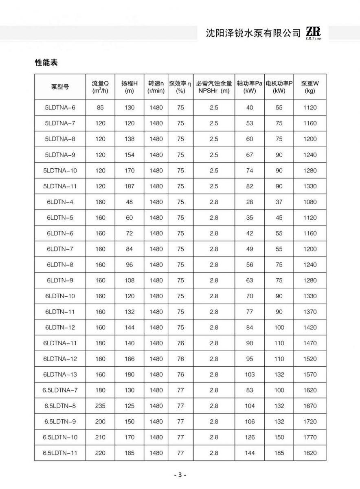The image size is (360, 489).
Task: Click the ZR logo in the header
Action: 313,33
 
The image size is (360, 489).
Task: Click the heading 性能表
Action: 46,63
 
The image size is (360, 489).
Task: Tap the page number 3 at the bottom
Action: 180,475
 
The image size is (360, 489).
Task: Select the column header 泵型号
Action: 60,86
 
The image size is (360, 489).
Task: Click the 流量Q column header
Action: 100,86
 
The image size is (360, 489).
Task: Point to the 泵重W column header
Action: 310,86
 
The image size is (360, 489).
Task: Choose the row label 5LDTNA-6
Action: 60,108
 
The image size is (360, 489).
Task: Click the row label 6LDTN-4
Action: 60,202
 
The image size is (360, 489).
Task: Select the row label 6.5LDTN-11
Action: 60,453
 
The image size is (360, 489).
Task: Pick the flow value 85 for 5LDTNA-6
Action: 100,108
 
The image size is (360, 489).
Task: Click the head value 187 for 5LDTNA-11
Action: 130,186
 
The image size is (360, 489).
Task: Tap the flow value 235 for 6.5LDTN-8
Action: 100,406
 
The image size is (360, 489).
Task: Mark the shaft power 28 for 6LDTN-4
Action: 250,202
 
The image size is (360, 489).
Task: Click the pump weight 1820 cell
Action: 310,453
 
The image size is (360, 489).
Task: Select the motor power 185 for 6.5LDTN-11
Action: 279,453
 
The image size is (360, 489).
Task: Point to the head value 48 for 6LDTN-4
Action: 130,202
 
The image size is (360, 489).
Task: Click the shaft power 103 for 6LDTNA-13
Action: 250,374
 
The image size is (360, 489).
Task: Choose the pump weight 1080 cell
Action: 310,202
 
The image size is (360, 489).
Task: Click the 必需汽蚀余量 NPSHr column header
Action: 214,86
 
